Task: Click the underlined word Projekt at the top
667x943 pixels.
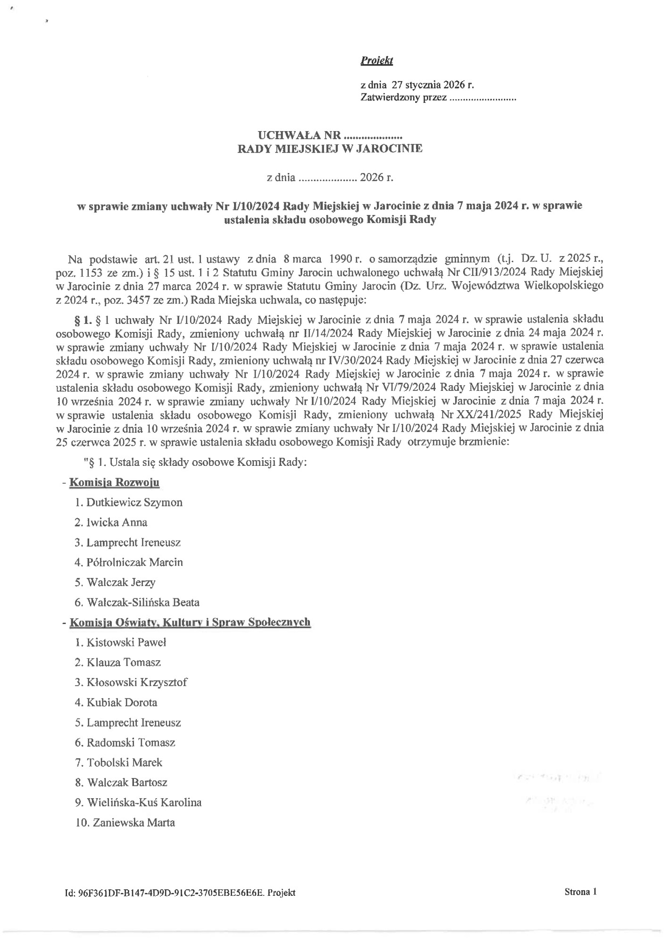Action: coord(376,61)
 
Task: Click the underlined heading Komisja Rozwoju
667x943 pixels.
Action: coord(114,482)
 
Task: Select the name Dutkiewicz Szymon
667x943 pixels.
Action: coord(134,503)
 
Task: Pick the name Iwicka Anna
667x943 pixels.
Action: coord(117,522)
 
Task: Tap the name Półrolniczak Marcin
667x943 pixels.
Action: coord(134,562)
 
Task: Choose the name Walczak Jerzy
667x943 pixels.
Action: coord(121,582)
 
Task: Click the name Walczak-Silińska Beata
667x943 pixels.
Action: coord(143,603)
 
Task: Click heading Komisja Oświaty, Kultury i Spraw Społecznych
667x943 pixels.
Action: coord(190,622)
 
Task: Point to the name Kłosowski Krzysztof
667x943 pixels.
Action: coord(136,683)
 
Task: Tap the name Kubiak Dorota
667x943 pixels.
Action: coord(122,703)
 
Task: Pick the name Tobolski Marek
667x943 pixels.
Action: coord(124,762)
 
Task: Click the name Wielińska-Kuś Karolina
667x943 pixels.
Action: coord(144,802)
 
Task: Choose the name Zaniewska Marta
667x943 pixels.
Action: coord(134,823)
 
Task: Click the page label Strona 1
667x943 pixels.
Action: coord(580,892)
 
